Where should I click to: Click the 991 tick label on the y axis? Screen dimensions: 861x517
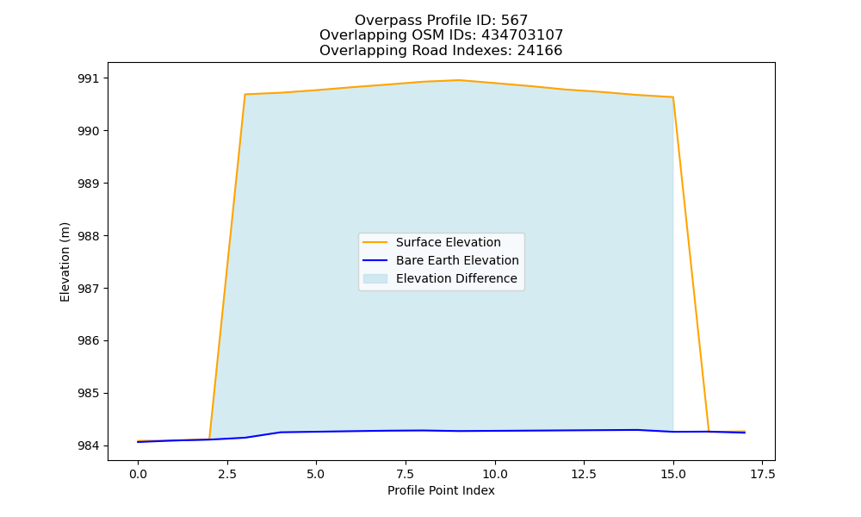[x=89, y=78]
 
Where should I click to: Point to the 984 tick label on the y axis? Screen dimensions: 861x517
[x=89, y=445]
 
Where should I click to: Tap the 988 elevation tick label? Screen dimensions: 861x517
[x=89, y=236]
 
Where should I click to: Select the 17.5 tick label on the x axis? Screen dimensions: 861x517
[x=762, y=474]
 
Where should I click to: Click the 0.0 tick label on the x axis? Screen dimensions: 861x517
[x=138, y=474]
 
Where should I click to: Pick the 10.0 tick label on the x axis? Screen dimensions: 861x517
[x=495, y=474]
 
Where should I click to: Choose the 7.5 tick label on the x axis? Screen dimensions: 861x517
[x=406, y=474]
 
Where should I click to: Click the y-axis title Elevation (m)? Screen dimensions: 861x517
[x=65, y=262]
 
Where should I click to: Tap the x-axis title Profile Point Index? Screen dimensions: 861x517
[x=441, y=490]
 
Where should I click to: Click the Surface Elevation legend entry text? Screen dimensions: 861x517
[x=448, y=242]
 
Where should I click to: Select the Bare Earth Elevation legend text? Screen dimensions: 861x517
[x=457, y=260]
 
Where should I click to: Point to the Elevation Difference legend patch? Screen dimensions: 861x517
[x=375, y=278]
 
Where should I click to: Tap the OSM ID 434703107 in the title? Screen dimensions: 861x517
[x=523, y=35]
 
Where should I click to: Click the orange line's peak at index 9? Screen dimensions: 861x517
[x=459, y=80]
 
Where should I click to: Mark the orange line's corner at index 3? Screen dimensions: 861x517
[x=245, y=95]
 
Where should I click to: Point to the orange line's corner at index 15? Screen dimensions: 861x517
[x=673, y=97]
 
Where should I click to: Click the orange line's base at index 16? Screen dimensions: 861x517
[x=709, y=432]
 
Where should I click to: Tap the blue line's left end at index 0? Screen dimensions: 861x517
[x=138, y=442]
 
